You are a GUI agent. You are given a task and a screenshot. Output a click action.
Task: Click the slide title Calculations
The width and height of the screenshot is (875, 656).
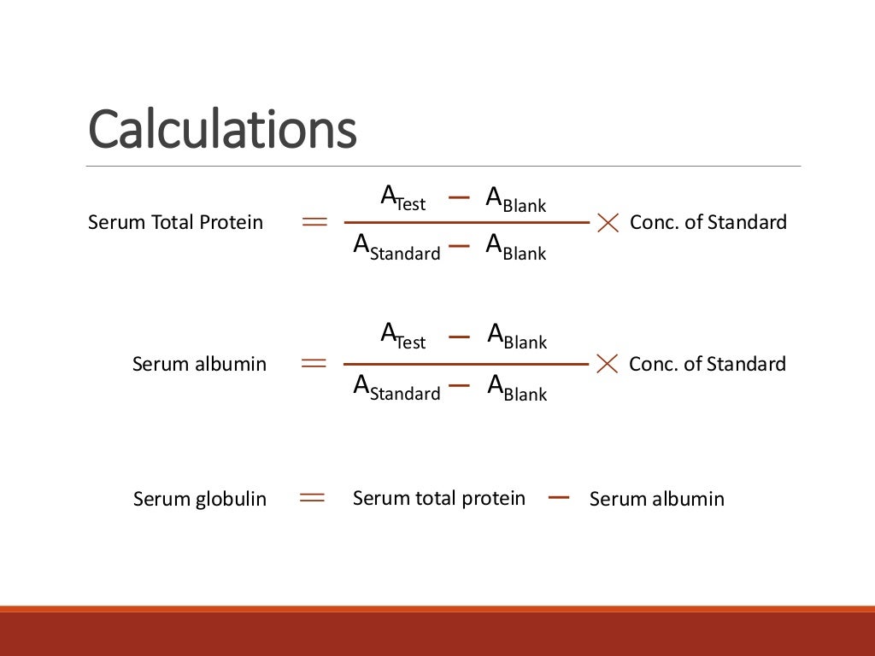pyautogui.click(x=222, y=130)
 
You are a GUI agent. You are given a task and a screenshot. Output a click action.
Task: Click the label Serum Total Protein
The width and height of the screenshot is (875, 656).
pyautogui.click(x=175, y=223)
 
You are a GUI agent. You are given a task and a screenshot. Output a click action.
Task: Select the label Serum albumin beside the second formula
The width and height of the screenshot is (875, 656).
pyautogui.click(x=199, y=365)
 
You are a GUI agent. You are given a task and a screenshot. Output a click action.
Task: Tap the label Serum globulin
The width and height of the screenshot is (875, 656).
pyautogui.click(x=199, y=499)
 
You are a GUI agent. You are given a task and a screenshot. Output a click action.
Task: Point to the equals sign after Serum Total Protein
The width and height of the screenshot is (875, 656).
pyautogui.click(x=314, y=223)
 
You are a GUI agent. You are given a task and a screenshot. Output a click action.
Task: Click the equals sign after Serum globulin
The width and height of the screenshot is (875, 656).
pyautogui.click(x=313, y=498)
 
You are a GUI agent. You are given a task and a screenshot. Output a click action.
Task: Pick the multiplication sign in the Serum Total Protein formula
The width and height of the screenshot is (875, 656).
pyautogui.click(x=608, y=223)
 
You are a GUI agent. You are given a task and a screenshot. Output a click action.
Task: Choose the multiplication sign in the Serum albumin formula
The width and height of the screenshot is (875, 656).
pyautogui.click(x=608, y=364)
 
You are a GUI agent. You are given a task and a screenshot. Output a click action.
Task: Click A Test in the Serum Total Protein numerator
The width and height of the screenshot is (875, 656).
pyautogui.click(x=402, y=199)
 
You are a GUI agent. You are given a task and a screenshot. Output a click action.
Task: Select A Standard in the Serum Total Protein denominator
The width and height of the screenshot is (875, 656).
pyautogui.click(x=396, y=248)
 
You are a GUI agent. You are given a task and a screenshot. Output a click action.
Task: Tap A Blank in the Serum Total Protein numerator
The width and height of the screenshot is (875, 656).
pyautogui.click(x=515, y=201)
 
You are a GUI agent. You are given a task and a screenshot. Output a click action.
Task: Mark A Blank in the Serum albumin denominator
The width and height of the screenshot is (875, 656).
pyautogui.click(x=517, y=389)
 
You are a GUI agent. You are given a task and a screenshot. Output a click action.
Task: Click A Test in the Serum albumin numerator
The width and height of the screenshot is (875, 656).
pyautogui.click(x=402, y=336)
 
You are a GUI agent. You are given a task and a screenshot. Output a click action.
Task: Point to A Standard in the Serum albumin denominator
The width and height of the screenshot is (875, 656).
pyautogui.click(x=396, y=389)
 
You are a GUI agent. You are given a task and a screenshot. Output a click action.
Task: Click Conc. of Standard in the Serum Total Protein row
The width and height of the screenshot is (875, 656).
pyautogui.click(x=708, y=223)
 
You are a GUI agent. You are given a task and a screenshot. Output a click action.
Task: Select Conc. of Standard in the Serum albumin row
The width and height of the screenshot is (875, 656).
pyautogui.click(x=707, y=365)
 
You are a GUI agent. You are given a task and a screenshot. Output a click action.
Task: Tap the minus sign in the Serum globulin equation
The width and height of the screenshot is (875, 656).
pyautogui.click(x=559, y=497)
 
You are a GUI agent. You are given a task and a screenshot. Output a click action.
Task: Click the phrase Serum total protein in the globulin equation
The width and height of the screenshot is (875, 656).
pyautogui.click(x=438, y=498)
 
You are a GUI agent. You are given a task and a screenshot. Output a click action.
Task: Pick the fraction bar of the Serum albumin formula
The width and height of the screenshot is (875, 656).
pyautogui.click(x=466, y=365)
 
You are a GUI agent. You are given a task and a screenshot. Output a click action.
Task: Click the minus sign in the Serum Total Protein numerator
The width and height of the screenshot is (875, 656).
pyautogui.click(x=459, y=197)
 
